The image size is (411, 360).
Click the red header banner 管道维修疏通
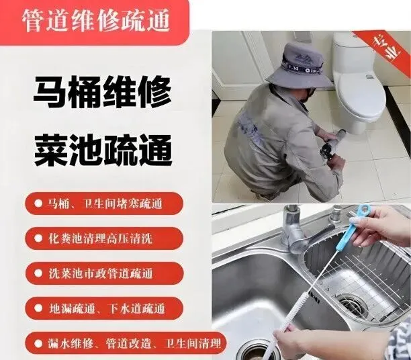95,22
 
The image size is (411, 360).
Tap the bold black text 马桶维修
103,92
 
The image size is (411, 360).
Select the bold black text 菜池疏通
103,150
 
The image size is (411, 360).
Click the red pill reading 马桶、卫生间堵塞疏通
104,204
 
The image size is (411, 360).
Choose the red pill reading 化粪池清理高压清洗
104,238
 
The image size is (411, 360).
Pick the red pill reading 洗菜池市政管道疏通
104,273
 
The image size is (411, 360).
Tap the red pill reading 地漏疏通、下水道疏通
104,308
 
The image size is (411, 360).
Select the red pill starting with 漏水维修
126,343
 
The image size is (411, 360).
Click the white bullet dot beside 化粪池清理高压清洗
38,238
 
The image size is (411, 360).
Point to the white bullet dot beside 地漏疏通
38,308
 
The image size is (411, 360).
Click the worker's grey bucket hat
300,66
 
